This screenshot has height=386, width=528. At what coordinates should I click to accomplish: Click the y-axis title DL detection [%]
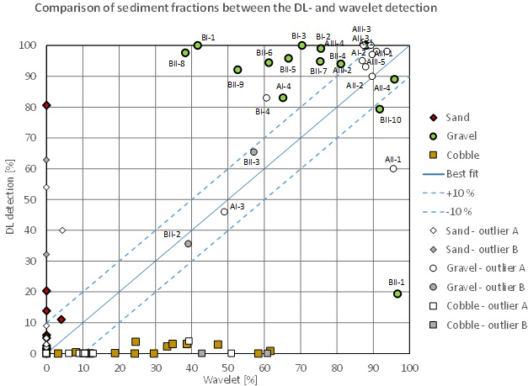[9, 199]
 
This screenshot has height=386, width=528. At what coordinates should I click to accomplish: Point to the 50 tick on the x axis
[227, 367]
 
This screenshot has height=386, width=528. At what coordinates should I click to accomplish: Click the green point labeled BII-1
[397, 293]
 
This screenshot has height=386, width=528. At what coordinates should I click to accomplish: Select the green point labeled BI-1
[197, 45]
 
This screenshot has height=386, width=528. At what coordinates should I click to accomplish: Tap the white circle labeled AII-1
[393, 168]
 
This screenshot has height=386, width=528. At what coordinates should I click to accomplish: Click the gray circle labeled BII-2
[188, 244]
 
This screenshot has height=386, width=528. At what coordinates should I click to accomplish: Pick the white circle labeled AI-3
[224, 212]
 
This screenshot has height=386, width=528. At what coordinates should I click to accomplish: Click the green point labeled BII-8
[185, 53]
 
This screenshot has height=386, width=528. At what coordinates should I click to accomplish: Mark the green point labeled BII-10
[380, 109]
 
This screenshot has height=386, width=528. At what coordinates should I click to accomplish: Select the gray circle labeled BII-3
[253, 152]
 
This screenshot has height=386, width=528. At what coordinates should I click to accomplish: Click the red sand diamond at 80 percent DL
[46, 105]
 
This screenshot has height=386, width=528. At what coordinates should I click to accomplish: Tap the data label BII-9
[236, 84]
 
